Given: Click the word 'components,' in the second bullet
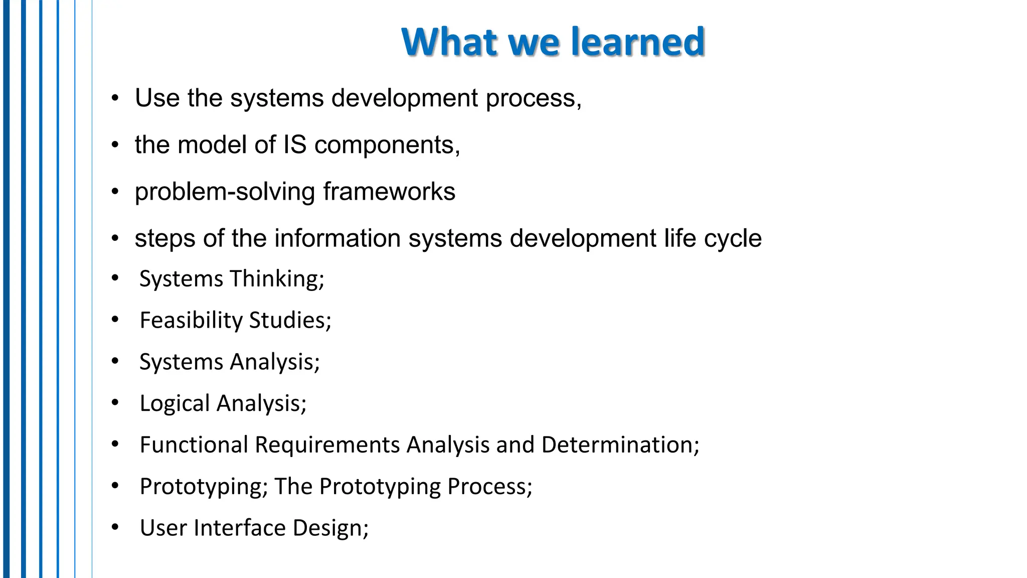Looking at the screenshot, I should [387, 146].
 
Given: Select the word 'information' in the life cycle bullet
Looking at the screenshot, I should [337, 238].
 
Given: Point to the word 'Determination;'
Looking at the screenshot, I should [620, 445].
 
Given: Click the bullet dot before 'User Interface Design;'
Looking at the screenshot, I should [115, 527].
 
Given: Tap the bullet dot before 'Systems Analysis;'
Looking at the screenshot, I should [115, 361].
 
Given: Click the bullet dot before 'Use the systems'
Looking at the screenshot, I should [115, 98].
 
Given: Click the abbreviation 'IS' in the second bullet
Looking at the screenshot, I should [294, 145].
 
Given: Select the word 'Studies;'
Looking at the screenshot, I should [290, 321].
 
